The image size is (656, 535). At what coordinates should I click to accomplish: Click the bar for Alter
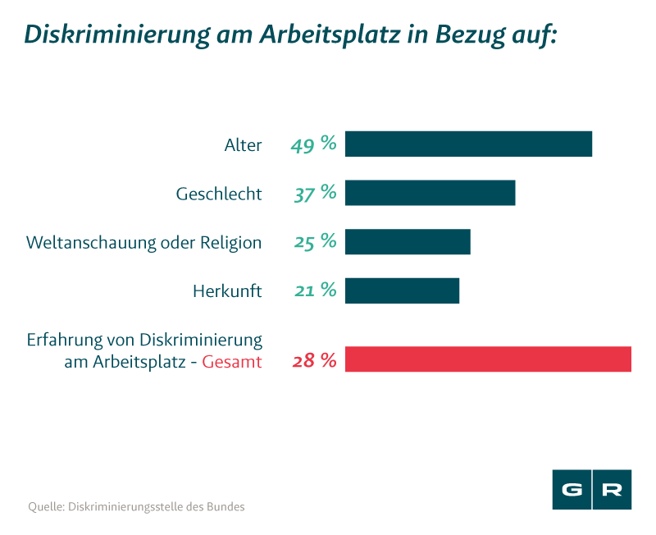pos(468,144)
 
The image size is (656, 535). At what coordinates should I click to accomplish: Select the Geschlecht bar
pos(430,194)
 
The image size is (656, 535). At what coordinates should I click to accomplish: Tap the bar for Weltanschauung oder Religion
pos(408,242)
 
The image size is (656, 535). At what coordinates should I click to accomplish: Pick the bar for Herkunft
pos(402,290)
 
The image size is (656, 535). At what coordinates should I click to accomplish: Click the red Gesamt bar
pos(488,360)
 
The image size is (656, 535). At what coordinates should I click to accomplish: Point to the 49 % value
pos(313,144)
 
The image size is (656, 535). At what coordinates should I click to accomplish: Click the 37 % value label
pos(315,194)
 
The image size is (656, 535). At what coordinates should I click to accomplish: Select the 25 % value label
pos(315,242)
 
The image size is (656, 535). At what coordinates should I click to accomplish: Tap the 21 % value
pos(315,290)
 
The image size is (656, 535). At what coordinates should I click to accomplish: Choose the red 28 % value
pos(314,360)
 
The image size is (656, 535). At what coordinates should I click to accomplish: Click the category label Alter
pos(243,145)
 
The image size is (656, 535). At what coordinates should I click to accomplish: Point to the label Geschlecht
pos(219,194)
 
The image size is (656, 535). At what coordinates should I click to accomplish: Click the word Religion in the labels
pos(232,243)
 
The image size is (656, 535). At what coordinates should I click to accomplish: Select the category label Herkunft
pos(227,291)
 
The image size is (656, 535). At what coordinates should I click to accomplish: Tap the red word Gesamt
pos(232,361)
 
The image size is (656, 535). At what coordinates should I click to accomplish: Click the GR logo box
pos(591,490)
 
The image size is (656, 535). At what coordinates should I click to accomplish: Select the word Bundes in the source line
pos(225,506)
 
